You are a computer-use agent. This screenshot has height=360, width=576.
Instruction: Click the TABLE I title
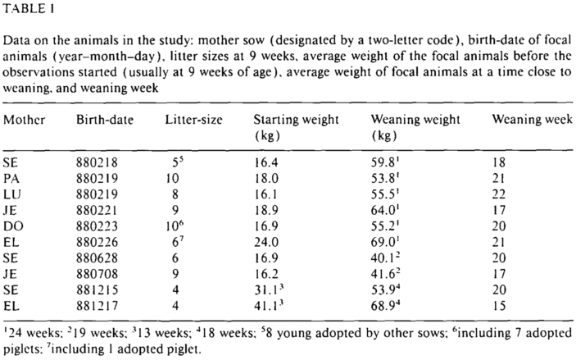click(x=29, y=9)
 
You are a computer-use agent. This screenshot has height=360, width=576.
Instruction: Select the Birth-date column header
click(x=105, y=120)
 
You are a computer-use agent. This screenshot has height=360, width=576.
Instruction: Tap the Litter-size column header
click(x=193, y=120)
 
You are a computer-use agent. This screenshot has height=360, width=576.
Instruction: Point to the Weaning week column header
click(x=533, y=119)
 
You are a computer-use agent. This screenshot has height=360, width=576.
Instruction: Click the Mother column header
click(x=25, y=120)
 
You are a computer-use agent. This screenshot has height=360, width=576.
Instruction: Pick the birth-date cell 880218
click(x=97, y=162)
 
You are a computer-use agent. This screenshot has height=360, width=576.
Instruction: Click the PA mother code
click(x=11, y=178)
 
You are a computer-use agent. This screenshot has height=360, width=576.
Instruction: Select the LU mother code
click(x=11, y=194)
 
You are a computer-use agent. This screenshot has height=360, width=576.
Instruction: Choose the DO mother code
click(x=13, y=226)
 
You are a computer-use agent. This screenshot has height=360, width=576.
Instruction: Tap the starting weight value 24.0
click(x=266, y=242)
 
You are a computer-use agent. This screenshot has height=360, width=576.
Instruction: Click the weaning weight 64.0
click(x=385, y=210)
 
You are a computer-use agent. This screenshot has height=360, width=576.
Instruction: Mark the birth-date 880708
click(x=97, y=274)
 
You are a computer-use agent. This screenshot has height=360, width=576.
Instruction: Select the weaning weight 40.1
click(x=385, y=257)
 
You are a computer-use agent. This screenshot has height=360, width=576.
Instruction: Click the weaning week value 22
click(x=499, y=194)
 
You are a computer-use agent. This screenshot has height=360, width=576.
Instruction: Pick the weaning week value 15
click(x=499, y=306)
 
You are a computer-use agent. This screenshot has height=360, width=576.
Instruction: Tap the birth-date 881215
click(x=97, y=290)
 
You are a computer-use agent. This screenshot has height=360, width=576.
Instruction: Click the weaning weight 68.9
click(x=385, y=305)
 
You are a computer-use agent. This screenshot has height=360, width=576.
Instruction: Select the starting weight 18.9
click(x=266, y=210)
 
